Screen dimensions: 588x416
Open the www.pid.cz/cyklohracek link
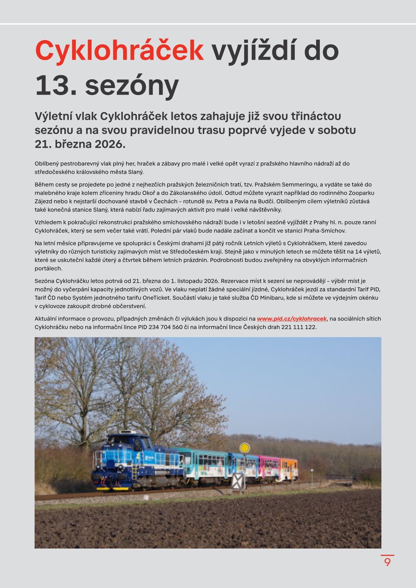pyautogui.click(x=292, y=319)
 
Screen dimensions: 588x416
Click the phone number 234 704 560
pyautogui.click(x=165, y=327)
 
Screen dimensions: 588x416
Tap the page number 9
pyautogui.click(x=387, y=562)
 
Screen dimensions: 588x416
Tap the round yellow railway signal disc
pyautogui.click(x=245, y=448)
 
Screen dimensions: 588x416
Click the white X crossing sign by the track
pyautogui.click(x=238, y=481)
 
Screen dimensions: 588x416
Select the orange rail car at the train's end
pyautogui.click(x=289, y=468)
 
